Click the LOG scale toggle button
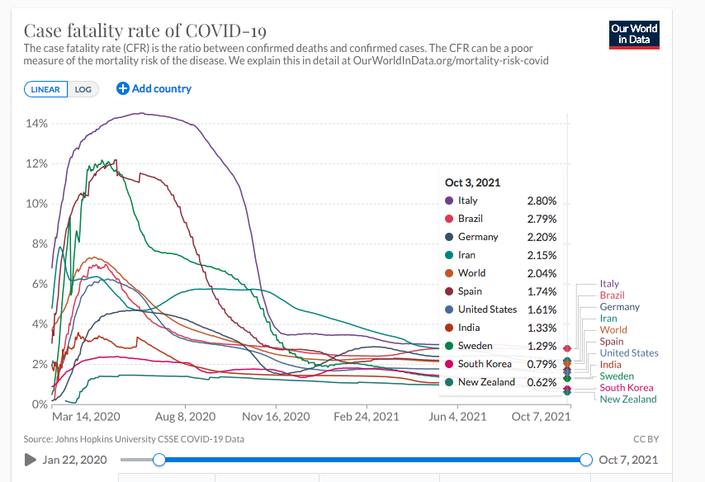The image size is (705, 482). (83, 89)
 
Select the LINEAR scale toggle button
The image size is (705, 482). (45, 89)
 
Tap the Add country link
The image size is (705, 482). (154, 88)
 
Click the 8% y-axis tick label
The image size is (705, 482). (40, 243)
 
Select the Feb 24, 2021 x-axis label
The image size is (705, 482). (366, 417)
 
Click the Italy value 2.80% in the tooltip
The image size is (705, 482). (542, 201)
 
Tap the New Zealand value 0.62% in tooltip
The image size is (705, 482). (542, 382)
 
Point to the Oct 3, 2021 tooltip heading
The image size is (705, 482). (472, 182)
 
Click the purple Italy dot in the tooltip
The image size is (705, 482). (448, 201)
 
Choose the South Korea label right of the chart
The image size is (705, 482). (626, 388)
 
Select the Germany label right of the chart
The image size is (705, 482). (619, 307)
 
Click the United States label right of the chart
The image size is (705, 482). (629, 353)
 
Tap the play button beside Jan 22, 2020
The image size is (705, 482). (30, 460)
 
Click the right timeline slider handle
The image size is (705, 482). (586, 460)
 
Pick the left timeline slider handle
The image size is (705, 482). (160, 460)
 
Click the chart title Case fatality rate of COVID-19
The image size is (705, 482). (144, 31)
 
